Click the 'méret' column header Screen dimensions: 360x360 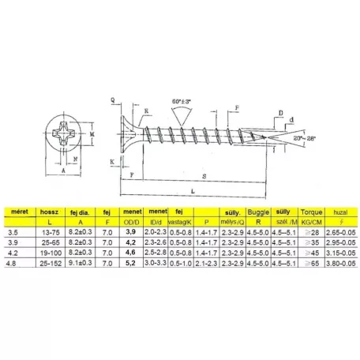(x=17, y=212)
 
